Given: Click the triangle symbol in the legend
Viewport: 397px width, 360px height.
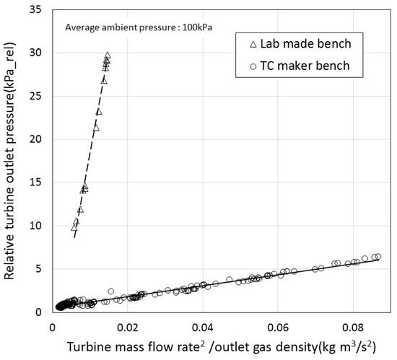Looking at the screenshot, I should tap(253, 43).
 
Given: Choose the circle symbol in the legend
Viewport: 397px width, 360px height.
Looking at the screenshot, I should tap(253, 66).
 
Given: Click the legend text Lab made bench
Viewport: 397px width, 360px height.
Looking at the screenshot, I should tap(298, 43).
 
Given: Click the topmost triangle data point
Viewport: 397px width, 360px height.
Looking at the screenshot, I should tap(108, 55).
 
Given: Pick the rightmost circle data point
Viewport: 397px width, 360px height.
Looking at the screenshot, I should tap(378, 256).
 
